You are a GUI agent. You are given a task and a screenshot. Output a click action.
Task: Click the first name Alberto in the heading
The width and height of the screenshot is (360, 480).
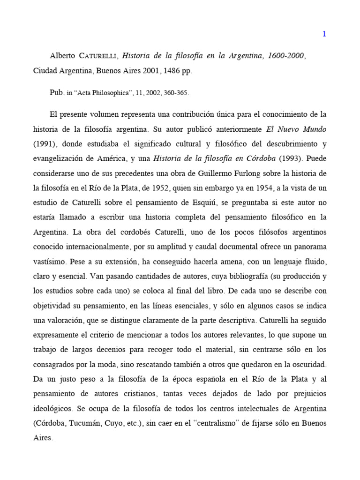(x=63, y=56)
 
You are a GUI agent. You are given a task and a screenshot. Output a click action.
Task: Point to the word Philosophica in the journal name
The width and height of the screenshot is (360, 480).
(x=109, y=93)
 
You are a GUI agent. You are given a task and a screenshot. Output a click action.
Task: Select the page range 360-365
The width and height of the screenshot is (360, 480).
(x=175, y=93)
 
